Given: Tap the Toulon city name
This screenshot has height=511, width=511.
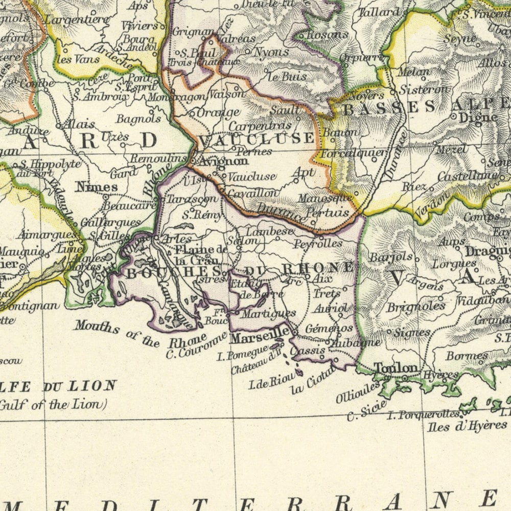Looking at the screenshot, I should [396, 368].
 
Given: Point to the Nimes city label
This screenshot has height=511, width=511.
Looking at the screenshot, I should [97, 187].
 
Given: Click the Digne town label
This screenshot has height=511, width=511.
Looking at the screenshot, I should [478, 118].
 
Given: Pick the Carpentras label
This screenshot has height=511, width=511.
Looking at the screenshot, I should [260, 125].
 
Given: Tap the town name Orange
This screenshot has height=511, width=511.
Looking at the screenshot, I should [218, 112].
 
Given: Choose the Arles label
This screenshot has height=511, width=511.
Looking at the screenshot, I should [176, 239].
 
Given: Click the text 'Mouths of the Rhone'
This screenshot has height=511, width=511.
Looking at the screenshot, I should [141, 335].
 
